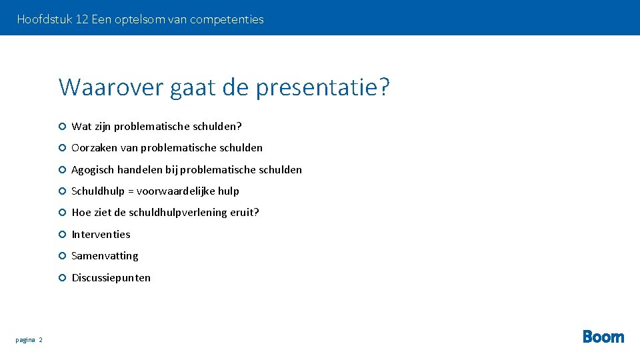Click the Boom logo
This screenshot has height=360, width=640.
[603, 337]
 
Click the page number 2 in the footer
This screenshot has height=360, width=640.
[41, 340]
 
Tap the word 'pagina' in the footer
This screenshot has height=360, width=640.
[25, 340]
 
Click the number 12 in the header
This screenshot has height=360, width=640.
[82, 19]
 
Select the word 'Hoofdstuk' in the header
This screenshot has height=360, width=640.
[45, 19]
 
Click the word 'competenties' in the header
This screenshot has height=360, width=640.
[227, 19]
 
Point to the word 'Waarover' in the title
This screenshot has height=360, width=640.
[111, 87]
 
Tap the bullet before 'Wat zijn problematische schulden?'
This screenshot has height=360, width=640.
[61, 126]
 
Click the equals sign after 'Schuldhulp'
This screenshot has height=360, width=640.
[131, 191]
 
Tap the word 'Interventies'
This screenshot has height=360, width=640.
[101, 235]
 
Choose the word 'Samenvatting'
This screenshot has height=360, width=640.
[105, 256]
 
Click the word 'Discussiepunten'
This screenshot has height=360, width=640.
[111, 278]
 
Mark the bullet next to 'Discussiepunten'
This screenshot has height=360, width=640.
[61, 277]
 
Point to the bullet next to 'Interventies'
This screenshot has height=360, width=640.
[61, 234]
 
